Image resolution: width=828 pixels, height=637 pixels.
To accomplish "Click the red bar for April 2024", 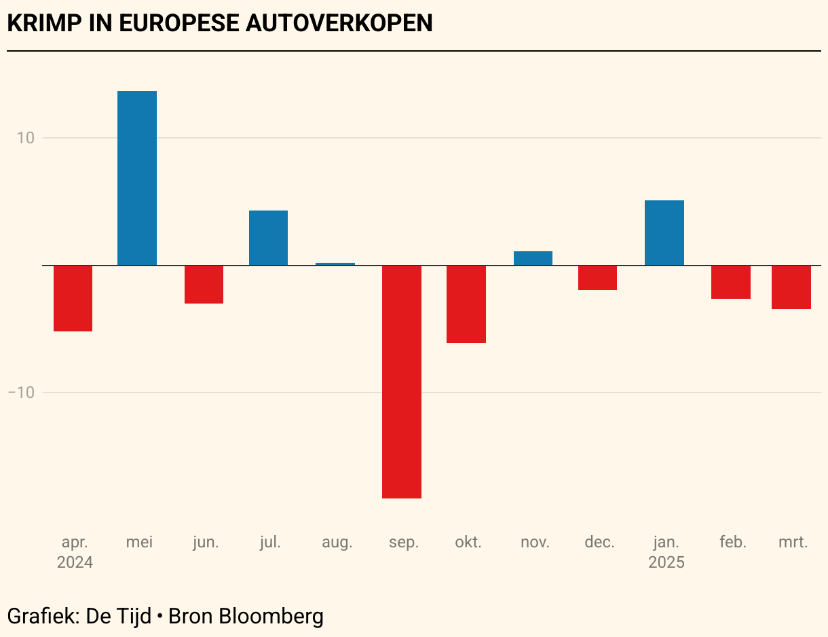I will [x=73, y=298].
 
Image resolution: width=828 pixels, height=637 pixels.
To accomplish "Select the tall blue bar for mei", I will [x=137, y=178].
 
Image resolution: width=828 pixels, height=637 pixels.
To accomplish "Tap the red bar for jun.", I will [x=204, y=284].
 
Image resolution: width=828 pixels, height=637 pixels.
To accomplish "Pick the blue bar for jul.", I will [x=268, y=238].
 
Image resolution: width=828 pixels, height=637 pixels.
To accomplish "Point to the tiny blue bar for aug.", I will [x=335, y=263].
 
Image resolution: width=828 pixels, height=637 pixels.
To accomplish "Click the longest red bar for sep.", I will [x=402, y=382].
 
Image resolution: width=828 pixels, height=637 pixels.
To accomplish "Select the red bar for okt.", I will [x=466, y=304].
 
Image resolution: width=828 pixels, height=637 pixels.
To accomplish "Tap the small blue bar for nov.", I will [x=533, y=258].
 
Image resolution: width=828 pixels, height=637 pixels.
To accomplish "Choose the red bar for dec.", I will [x=597, y=278].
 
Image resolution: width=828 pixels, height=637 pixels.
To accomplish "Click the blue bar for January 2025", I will [x=664, y=232].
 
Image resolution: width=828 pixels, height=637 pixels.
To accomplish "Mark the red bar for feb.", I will [x=731, y=282].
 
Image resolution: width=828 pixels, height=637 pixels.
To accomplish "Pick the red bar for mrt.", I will [x=791, y=287].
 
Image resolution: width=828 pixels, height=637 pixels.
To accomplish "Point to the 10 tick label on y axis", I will [x=26, y=138].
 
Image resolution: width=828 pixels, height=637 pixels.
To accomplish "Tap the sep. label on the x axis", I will [x=404, y=542].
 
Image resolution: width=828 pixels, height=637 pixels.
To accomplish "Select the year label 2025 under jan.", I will [x=666, y=562].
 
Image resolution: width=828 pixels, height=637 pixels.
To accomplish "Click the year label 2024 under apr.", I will [x=75, y=562].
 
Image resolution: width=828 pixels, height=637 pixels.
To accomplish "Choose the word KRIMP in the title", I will [x=43, y=23].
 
